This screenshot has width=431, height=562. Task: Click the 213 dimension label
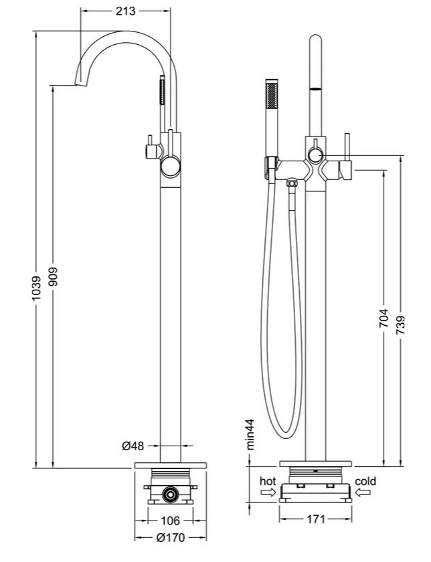pos(126,11)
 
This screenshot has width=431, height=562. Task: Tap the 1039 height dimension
pos(36,288)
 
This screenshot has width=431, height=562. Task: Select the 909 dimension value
pos(53,276)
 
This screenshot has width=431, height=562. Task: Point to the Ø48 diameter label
pos(133,446)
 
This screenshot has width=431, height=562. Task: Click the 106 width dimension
pos(170,521)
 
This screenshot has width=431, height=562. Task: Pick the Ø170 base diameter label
pos(171,538)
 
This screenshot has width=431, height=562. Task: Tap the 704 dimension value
pos(384,318)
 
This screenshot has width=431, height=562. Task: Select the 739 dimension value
pos(400,325)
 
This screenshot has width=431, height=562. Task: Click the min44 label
pos(250,434)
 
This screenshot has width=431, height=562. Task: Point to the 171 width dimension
pos(315,519)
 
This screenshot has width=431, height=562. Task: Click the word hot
pos(268,481)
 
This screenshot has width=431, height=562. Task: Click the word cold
pos(365,481)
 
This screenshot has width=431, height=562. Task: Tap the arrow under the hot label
pos(268,493)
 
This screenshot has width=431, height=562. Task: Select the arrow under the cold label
pos(363,493)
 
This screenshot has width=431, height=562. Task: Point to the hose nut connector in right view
pos(292,183)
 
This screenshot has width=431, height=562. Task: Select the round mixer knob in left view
pos(171,167)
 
